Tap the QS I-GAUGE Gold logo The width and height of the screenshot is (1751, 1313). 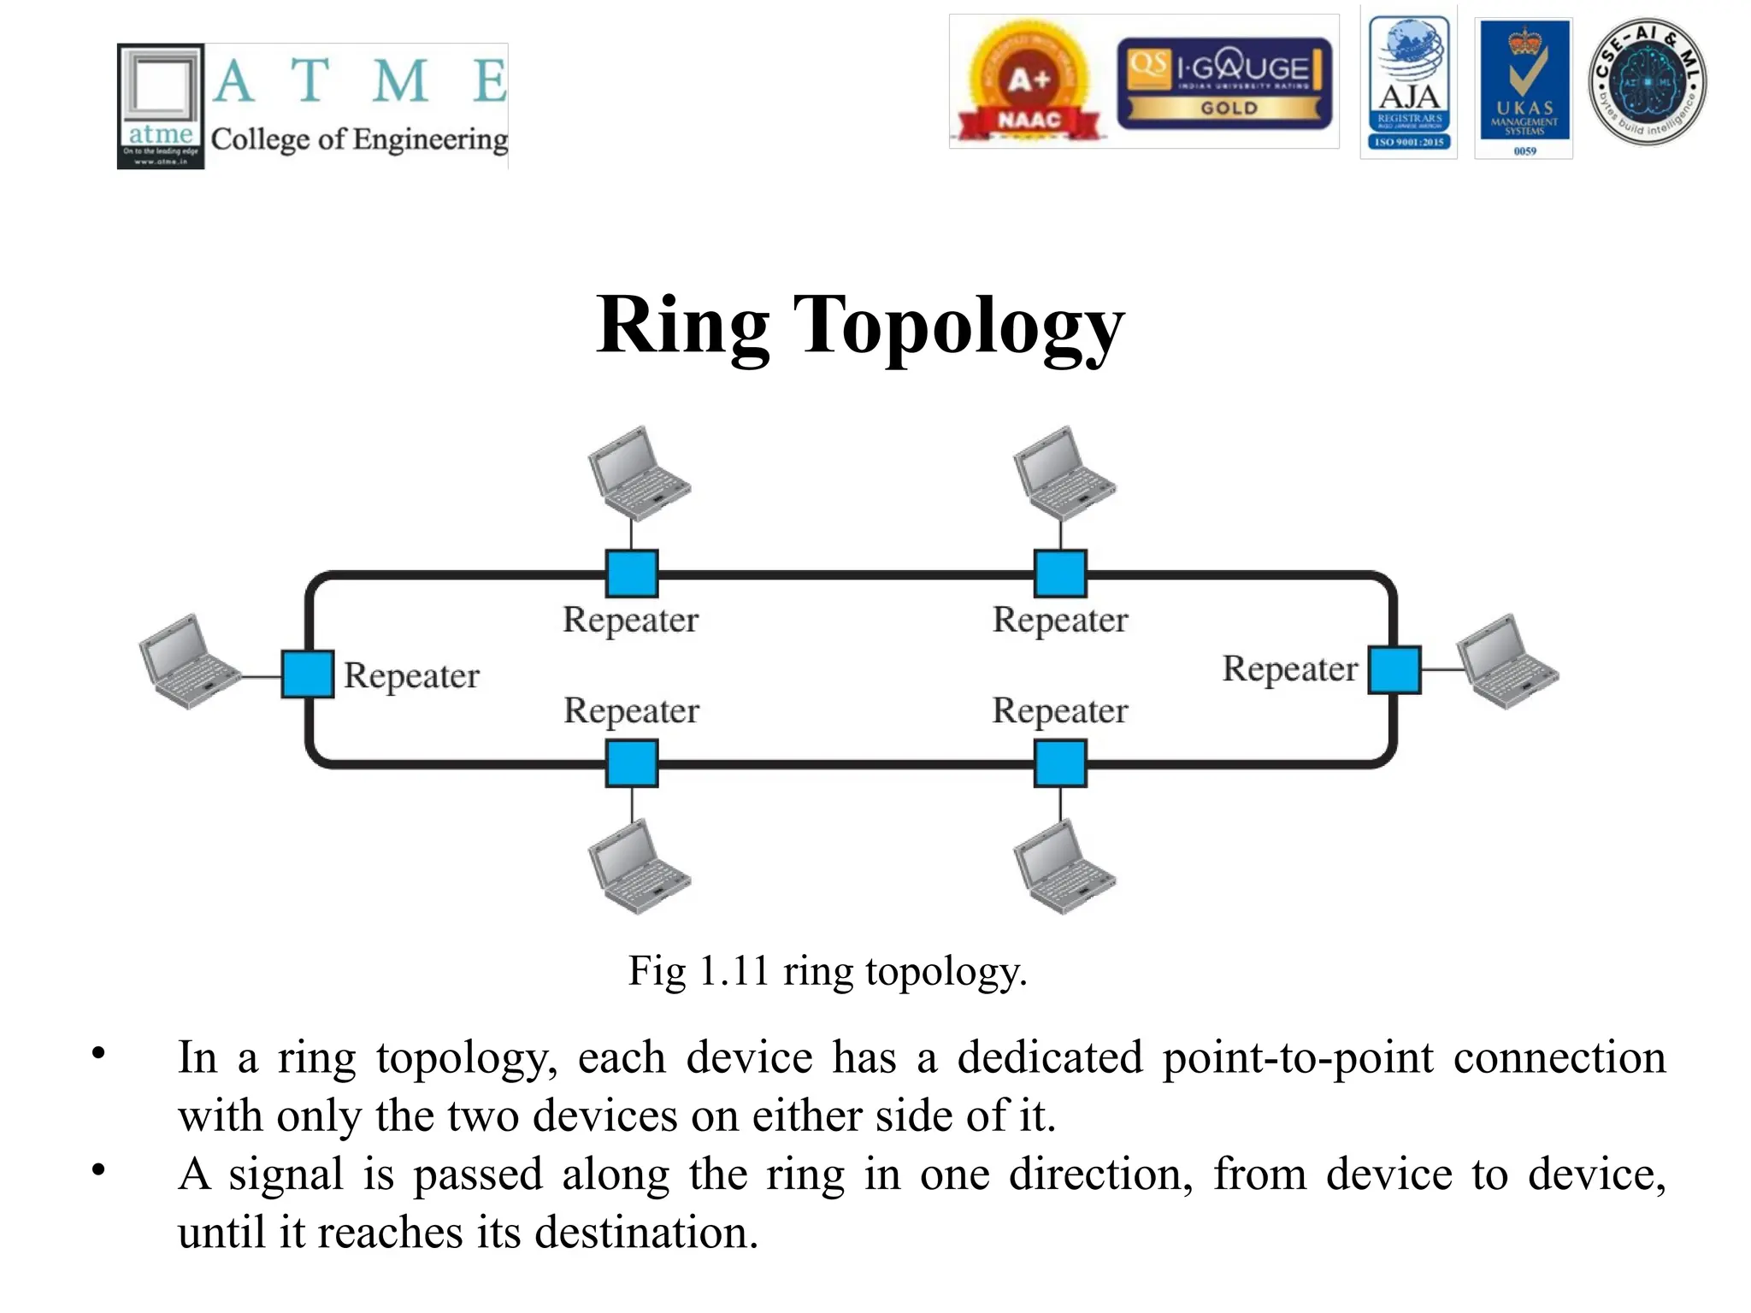[1224, 84]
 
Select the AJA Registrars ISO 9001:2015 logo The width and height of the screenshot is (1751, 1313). [1409, 84]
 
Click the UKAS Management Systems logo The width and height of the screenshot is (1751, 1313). [1524, 87]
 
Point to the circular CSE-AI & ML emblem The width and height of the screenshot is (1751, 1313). [1647, 82]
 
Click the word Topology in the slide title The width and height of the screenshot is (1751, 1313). [958, 326]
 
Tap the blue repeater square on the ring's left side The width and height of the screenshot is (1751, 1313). [308, 674]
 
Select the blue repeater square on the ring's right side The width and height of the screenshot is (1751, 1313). [1394, 669]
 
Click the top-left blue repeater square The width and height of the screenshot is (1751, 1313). [632, 574]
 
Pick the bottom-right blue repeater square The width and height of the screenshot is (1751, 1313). [1060, 763]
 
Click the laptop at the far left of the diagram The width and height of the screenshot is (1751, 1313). [188, 662]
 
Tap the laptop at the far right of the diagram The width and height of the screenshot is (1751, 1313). [1506, 662]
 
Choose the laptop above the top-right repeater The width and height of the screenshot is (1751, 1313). [1064, 474]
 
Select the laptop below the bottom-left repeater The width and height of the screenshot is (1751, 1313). [638, 867]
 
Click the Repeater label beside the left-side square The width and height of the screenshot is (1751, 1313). [411, 676]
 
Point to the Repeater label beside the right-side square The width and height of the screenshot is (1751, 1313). [1289, 669]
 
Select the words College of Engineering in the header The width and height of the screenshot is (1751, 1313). [359, 139]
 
